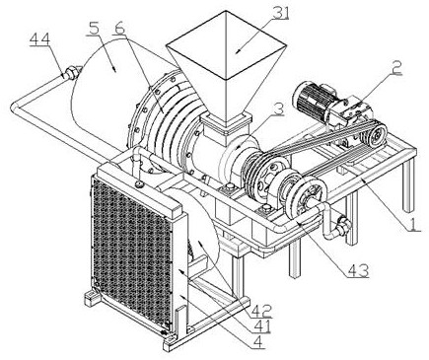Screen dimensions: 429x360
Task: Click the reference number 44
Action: click(39, 39)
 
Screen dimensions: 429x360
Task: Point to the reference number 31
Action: click(279, 14)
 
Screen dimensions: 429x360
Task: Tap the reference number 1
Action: click(414, 225)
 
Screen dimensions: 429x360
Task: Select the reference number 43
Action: click(358, 271)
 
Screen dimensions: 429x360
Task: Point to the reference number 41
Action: click(261, 326)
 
